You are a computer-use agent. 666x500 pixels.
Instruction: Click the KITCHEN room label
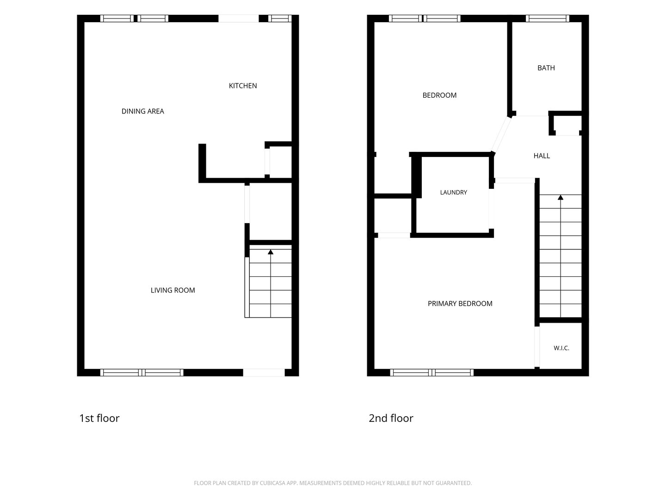tap(242, 86)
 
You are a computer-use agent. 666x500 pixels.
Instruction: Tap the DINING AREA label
tap(142, 112)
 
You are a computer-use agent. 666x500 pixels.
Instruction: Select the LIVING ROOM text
tap(173, 290)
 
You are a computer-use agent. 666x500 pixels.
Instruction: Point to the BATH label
tap(546, 68)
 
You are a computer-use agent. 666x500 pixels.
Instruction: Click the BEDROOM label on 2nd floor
tap(439, 95)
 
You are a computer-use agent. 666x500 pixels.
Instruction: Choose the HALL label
tap(542, 156)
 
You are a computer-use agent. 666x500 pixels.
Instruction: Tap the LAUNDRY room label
tap(453, 192)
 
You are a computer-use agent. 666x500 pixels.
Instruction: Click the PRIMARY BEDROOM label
tap(460, 304)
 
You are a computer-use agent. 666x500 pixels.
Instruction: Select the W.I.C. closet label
tap(561, 348)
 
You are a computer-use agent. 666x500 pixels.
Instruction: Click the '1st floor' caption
tap(99, 419)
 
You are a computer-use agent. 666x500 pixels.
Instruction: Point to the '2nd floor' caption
tap(391, 419)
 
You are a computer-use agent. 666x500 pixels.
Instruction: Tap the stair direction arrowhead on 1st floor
tap(271, 252)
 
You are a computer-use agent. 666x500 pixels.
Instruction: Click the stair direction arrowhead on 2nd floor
tap(561, 197)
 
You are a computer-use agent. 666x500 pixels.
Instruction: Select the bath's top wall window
tap(547, 19)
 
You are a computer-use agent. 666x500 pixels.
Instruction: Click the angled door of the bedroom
tap(501, 134)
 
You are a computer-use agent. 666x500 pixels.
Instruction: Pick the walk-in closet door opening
tap(537, 347)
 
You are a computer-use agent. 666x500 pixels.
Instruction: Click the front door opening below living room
tap(264, 373)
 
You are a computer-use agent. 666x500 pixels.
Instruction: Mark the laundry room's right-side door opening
tap(491, 209)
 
